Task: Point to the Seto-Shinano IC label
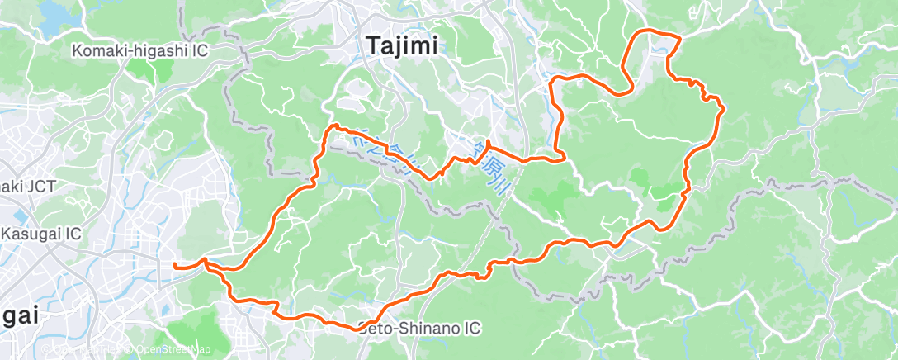coord(419,329)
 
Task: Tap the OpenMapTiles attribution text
coord(87,349)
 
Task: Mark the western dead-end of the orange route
coord(174,266)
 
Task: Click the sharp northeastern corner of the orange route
coord(680,38)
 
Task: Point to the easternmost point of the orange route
coord(724,107)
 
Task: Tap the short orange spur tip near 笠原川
coord(488,142)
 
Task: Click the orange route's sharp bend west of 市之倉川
coord(333,126)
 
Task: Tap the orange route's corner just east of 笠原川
coord(561,157)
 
